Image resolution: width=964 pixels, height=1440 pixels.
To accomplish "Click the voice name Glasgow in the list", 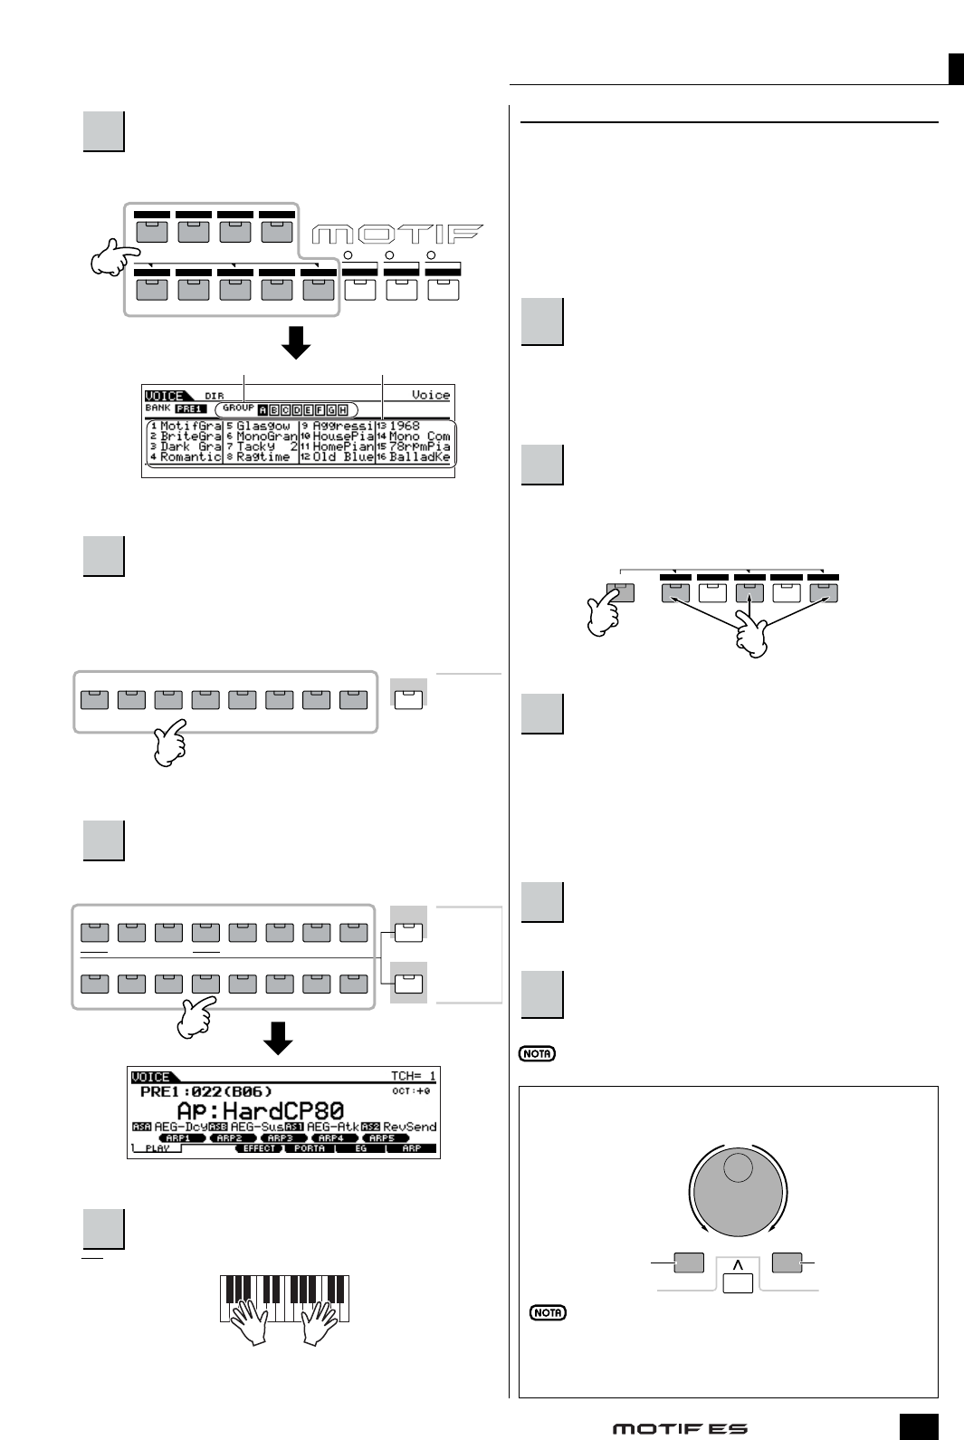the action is [x=263, y=426].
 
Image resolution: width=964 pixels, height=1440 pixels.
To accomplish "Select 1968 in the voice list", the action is [x=405, y=426].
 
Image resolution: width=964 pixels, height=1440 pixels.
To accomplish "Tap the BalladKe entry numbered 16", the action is [x=419, y=457].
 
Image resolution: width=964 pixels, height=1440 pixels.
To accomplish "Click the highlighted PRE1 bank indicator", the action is [x=191, y=409].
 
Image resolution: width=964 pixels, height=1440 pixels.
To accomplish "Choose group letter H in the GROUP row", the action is [x=343, y=409].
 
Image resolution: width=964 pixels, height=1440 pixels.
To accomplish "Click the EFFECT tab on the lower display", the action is [x=258, y=1148].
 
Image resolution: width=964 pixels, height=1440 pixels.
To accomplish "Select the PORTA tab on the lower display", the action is [x=310, y=1148].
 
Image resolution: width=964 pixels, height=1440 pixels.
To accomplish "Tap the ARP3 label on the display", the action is [x=280, y=1138].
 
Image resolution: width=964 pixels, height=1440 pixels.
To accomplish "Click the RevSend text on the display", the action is [x=410, y=1127].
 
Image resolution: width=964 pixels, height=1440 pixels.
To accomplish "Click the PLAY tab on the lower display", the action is [x=157, y=1148].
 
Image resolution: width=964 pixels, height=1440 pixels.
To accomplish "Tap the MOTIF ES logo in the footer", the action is [x=680, y=1429].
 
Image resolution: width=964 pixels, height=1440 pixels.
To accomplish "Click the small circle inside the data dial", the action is [x=738, y=1169].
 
